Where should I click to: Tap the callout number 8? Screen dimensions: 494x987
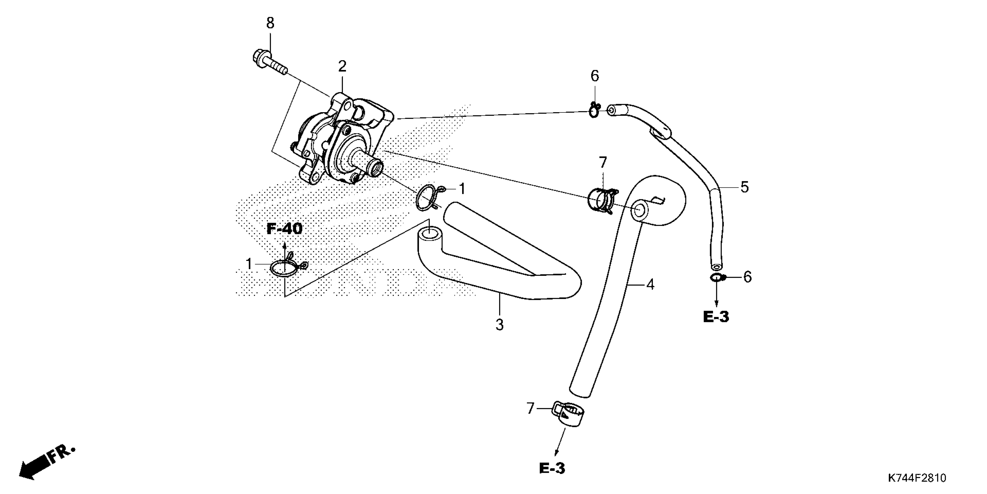[x=270, y=24]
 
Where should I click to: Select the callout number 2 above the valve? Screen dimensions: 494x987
[x=342, y=67]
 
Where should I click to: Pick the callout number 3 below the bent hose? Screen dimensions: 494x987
[x=499, y=325]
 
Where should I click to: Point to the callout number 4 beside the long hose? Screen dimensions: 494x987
[x=650, y=284]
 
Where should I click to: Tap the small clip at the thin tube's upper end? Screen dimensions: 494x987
[x=594, y=110]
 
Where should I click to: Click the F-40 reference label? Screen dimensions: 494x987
[x=284, y=229]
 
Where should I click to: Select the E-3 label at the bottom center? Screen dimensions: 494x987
[x=552, y=468]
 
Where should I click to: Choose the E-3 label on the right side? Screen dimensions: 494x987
[x=716, y=317]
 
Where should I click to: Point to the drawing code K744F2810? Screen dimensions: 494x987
[x=916, y=478]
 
